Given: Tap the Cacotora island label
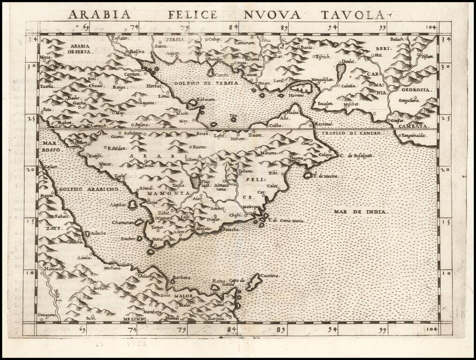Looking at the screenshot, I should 270,276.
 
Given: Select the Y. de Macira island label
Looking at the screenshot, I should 325,176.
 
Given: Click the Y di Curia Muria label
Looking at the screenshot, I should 286,220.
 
